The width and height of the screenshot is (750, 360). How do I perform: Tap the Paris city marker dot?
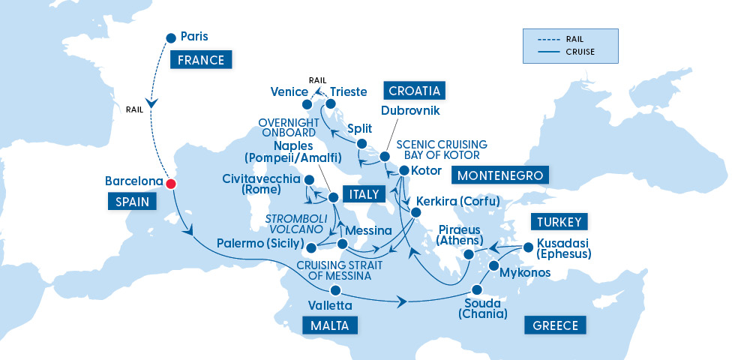click(170, 37)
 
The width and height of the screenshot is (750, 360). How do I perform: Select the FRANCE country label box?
click(201, 60)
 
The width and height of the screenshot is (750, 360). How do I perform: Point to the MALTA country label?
click(329, 325)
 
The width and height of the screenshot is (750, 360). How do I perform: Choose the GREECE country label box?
click(555, 325)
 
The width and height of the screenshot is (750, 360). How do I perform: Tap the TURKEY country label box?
click(559, 221)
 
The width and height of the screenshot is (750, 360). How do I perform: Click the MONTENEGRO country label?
click(500, 175)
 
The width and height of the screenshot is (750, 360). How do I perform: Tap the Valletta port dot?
click(335, 290)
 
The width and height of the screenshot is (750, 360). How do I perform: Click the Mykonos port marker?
click(494, 266)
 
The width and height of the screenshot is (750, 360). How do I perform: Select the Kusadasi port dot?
click(529, 246)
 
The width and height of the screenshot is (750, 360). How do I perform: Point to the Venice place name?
click(289, 92)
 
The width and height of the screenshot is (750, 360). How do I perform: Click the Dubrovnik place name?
click(410, 111)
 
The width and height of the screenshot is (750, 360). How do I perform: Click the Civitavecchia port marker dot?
click(308, 180)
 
